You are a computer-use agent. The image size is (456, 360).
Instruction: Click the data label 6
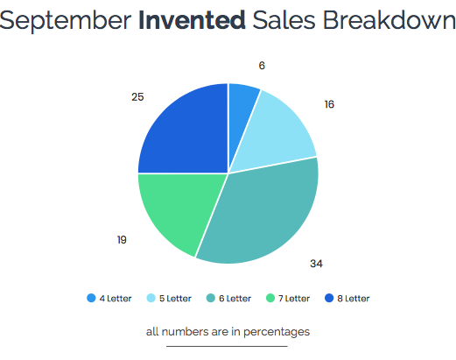tap(262, 66)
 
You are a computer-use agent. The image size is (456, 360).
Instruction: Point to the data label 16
tap(329, 104)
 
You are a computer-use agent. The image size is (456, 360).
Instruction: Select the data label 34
tap(316, 264)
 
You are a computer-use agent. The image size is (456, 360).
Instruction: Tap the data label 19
tap(122, 240)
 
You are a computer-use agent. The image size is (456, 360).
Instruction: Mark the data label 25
tap(137, 96)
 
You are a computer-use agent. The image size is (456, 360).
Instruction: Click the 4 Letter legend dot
tap(91, 298)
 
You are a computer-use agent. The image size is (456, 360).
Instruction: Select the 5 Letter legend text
tap(175, 299)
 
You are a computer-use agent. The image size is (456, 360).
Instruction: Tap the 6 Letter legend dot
tap(211, 298)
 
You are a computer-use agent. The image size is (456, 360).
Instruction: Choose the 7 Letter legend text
tap(294, 299)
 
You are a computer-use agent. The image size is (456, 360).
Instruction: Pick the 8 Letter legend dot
tap(329, 298)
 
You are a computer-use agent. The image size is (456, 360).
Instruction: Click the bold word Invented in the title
tap(192, 20)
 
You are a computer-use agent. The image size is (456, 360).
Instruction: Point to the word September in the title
tap(65, 21)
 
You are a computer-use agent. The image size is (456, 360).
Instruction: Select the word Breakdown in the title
tap(389, 20)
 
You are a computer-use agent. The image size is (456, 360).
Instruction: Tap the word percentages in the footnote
tap(277, 332)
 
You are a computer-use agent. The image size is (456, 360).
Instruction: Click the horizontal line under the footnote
tap(227, 346)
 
